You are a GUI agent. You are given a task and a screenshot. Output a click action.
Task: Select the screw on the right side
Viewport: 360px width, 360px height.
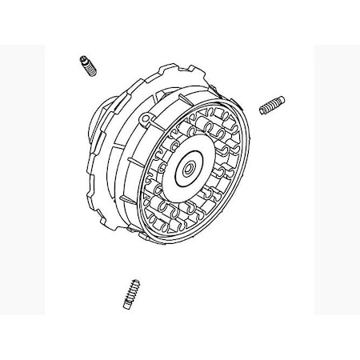click(271, 105)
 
